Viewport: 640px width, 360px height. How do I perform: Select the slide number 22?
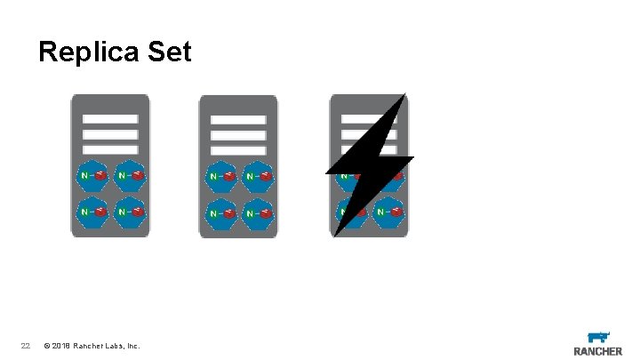[25, 346]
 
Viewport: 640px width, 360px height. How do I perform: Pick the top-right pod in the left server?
[130, 176]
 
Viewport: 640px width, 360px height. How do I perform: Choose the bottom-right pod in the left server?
[130, 212]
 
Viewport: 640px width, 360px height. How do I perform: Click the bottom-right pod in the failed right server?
[388, 213]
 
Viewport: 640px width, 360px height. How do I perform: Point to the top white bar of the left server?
[110, 119]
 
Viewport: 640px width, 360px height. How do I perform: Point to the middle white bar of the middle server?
[239, 135]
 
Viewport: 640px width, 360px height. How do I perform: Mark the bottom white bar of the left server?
[110, 149]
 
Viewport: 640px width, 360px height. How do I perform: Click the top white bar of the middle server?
[239, 120]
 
